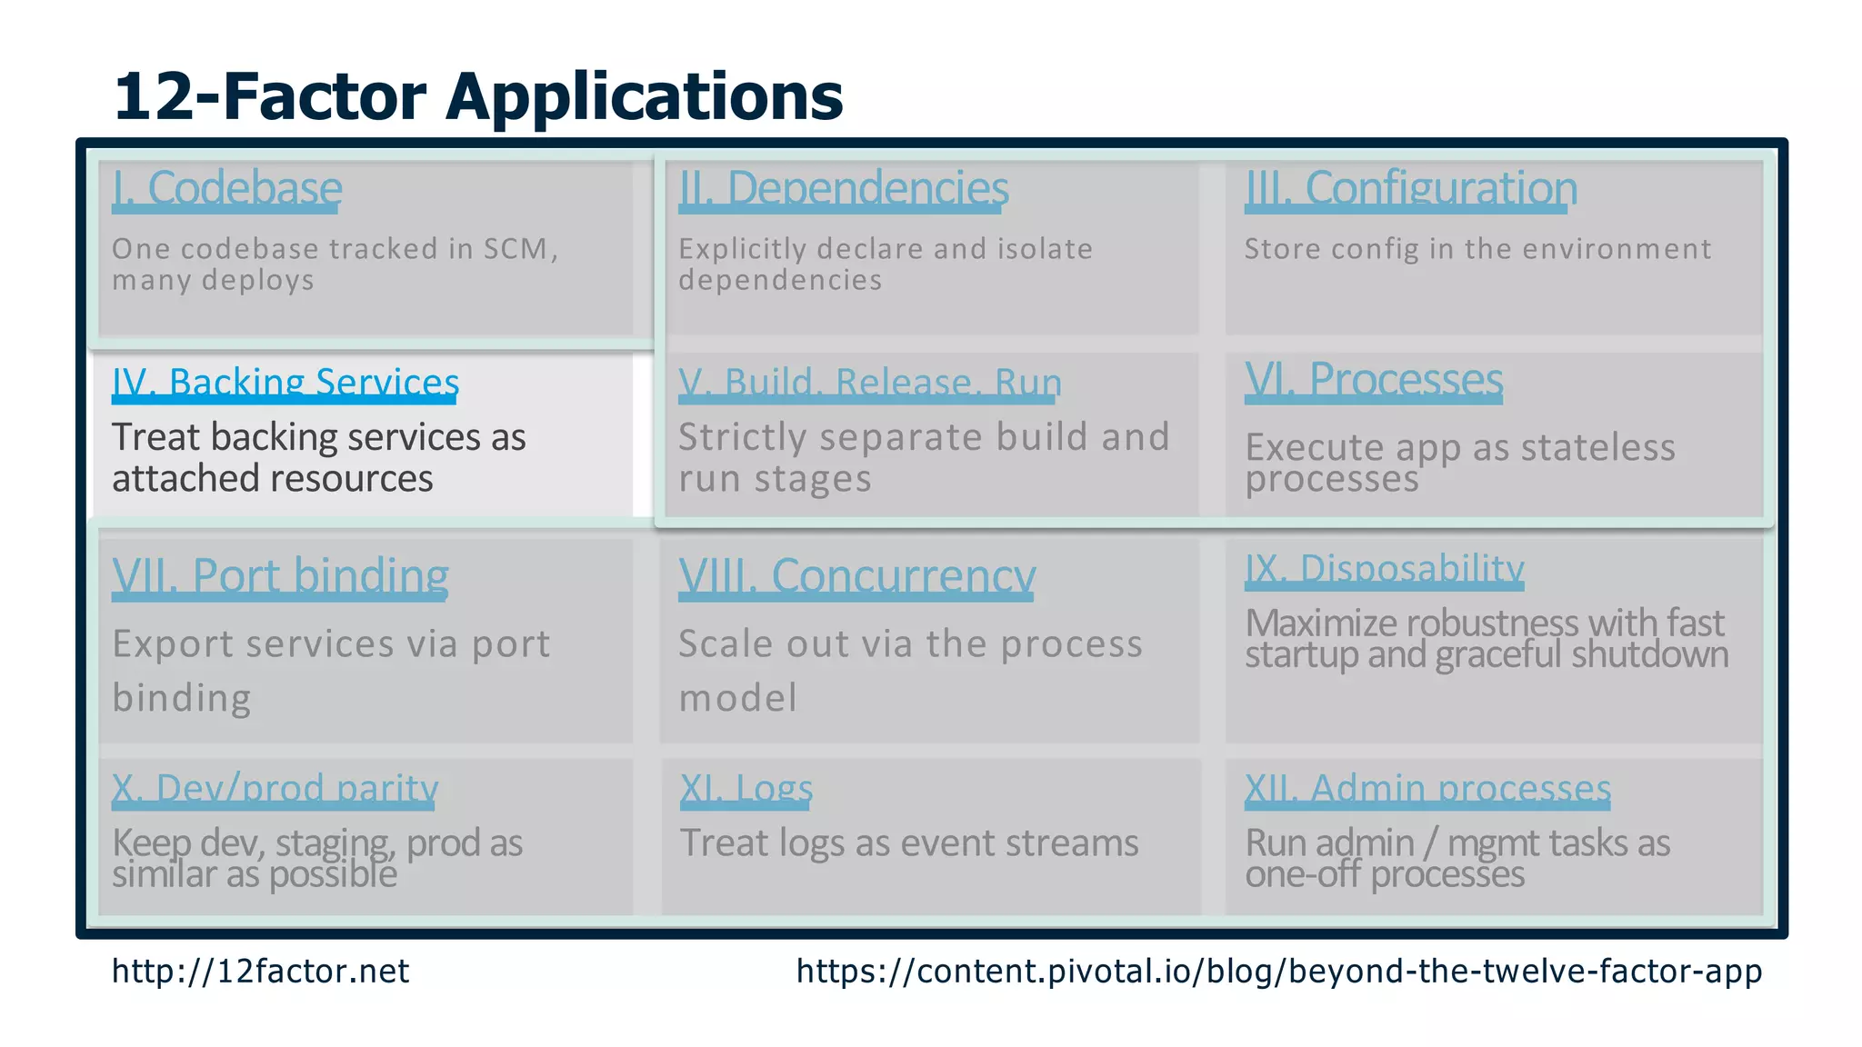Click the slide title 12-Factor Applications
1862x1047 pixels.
click(x=477, y=95)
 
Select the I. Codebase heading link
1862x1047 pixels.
click(x=226, y=189)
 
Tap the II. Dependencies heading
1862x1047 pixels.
click(x=843, y=189)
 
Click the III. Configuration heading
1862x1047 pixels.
click(x=1410, y=189)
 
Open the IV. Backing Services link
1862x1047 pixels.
click(x=285, y=383)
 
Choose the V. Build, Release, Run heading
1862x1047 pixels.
click(x=869, y=383)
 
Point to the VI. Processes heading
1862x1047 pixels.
click(x=1373, y=380)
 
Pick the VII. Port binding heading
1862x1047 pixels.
click(x=280, y=576)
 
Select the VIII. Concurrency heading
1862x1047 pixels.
click(x=856, y=576)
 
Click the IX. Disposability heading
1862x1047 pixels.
click(x=1384, y=569)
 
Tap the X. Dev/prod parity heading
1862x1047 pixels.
click(x=275, y=788)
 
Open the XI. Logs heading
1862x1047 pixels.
click(x=746, y=788)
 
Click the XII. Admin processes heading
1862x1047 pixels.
click(x=1427, y=788)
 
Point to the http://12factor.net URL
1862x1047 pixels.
click(x=260, y=972)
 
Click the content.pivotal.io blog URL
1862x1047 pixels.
click(x=1278, y=972)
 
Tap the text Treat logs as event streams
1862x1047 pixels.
click(x=908, y=843)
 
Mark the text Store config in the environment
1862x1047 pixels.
click(x=1477, y=249)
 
